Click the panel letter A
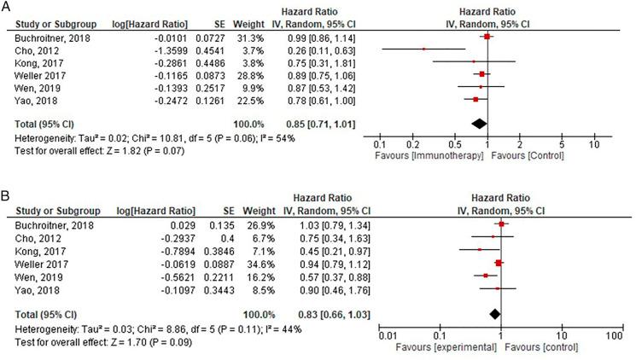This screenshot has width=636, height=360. click(x=7, y=7)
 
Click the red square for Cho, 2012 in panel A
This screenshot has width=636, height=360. click(x=423, y=49)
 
